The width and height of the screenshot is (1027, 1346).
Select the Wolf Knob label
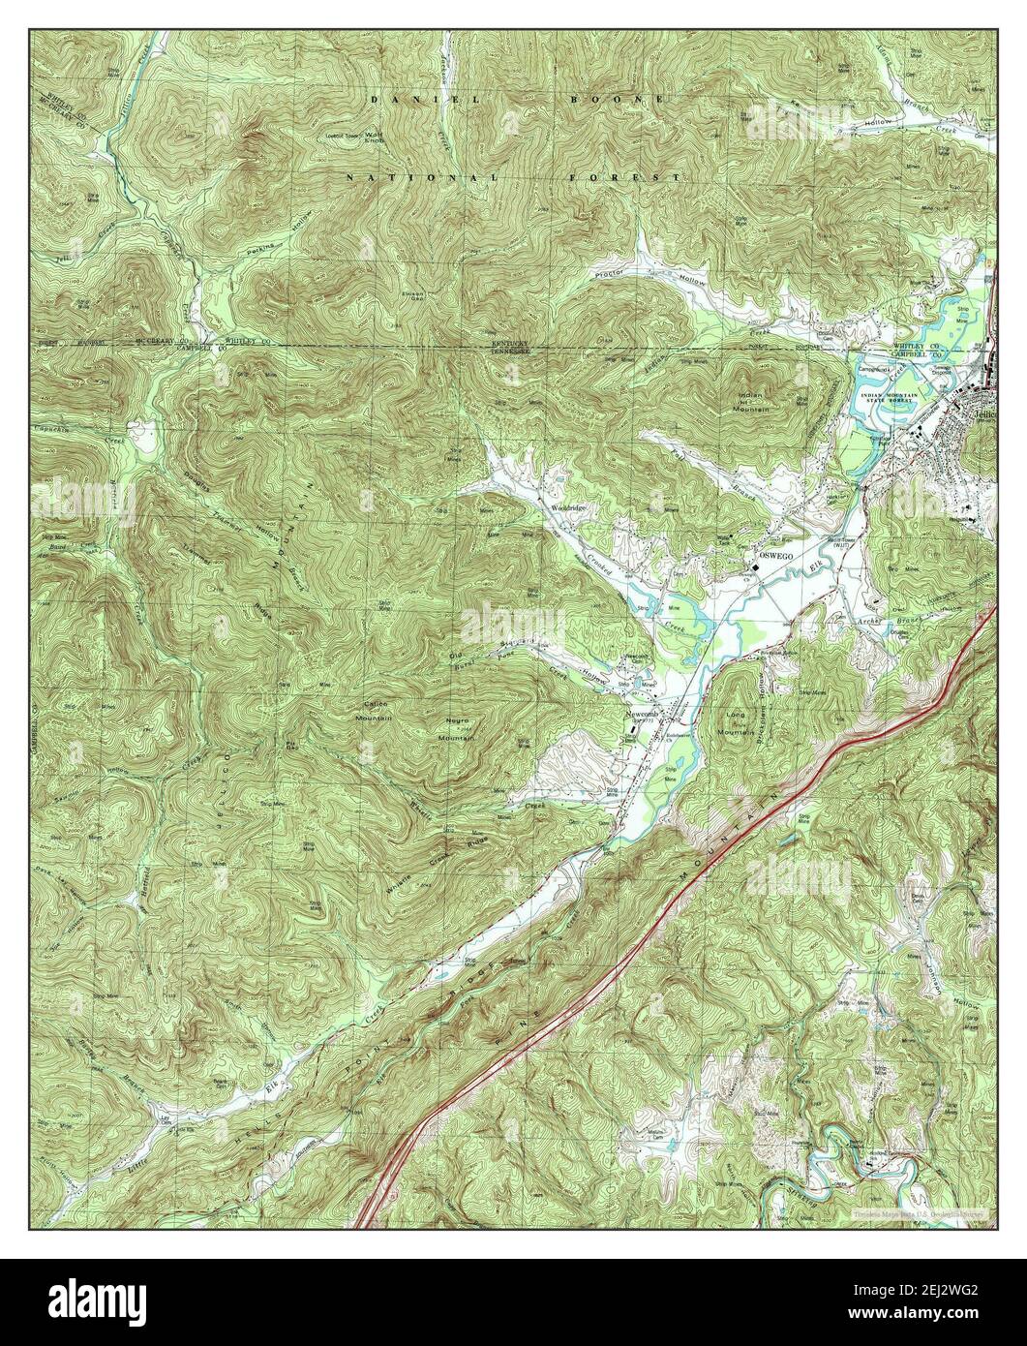point(374,138)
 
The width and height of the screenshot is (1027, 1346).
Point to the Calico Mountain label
point(378,714)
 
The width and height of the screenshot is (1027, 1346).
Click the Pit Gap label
point(290,745)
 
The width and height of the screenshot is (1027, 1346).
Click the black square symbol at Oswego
point(754,560)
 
